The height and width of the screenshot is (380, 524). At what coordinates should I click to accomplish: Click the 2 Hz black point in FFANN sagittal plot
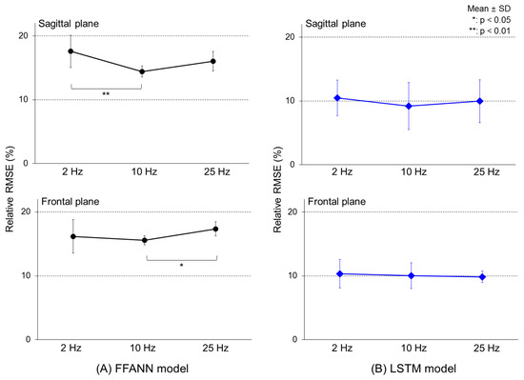pyautogui.click(x=71, y=51)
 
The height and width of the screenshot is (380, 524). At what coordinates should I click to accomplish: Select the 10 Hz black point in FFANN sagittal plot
pyautogui.click(x=142, y=71)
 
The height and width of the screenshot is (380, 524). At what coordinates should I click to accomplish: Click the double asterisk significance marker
pyautogui.click(x=106, y=94)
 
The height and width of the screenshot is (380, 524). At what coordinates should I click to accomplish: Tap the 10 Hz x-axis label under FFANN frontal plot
pyautogui.click(x=142, y=350)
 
